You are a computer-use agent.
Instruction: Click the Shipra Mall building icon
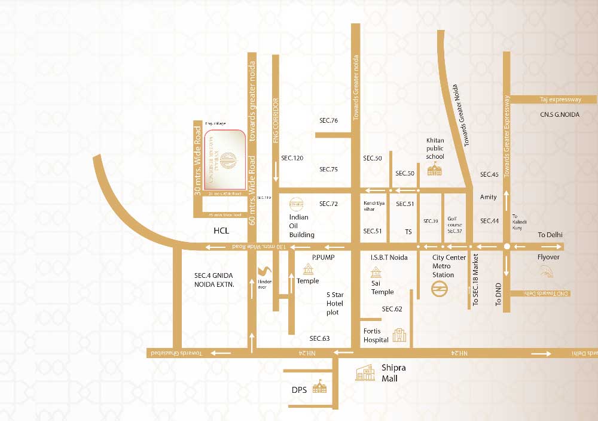click(x=365, y=373)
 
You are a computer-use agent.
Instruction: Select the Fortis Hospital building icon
click(x=399, y=335)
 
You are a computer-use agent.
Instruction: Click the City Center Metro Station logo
click(x=440, y=289)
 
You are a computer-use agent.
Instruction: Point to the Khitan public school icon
click(x=435, y=169)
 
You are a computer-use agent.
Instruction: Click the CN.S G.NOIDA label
click(x=559, y=114)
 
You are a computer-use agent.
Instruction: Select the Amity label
click(x=489, y=197)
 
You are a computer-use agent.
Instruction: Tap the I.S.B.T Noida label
click(x=389, y=257)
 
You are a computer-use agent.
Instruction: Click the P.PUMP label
click(x=322, y=257)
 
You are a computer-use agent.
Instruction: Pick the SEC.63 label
click(x=319, y=338)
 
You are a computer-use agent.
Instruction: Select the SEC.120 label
click(x=292, y=158)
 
